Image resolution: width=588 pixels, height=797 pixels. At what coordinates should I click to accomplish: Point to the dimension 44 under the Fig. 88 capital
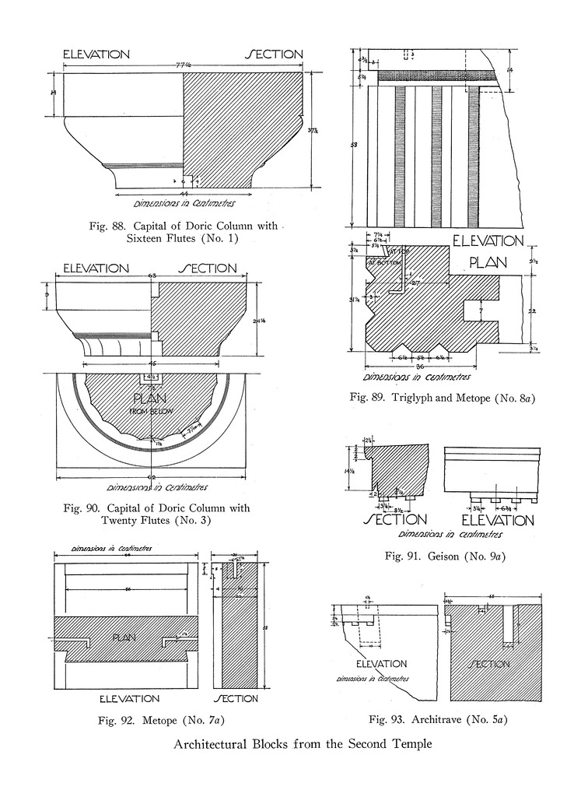184,192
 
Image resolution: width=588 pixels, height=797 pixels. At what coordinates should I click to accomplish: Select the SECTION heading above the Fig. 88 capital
274,54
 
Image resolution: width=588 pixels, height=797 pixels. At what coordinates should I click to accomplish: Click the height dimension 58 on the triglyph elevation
355,145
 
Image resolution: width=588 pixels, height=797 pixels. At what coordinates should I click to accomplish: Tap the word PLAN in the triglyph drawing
487,262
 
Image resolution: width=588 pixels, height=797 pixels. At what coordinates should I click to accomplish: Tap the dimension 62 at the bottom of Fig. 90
151,476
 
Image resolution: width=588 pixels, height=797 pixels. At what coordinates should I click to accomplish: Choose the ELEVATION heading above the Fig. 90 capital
96,269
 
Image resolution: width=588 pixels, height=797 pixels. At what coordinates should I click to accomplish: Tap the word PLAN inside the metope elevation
124,637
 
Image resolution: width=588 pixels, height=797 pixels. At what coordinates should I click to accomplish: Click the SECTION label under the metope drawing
236,698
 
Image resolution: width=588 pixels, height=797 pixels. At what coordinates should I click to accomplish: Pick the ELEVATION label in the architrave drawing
381,664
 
